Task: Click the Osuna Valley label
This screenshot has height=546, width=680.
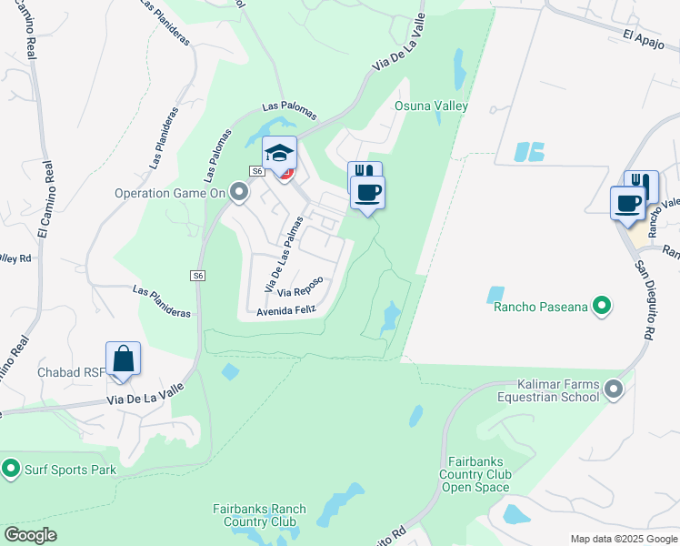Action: [431, 106]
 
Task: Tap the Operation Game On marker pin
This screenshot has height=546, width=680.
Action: [239, 192]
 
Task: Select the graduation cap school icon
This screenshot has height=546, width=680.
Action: [280, 152]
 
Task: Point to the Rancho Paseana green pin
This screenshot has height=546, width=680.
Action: [601, 307]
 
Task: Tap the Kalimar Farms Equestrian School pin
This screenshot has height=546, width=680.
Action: [614, 389]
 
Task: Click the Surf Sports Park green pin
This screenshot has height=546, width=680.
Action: [11, 470]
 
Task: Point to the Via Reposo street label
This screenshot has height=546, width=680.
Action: [301, 292]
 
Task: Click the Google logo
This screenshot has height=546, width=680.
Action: [30, 535]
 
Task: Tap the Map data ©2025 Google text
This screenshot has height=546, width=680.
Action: [623, 539]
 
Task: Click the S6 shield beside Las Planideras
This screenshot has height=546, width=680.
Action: [197, 276]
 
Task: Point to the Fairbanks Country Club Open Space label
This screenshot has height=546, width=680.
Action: [475, 474]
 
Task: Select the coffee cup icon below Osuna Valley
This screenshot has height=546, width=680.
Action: [367, 192]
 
